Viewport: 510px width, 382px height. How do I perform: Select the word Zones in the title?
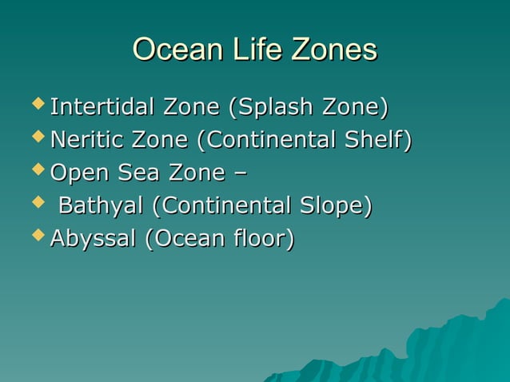point(334,50)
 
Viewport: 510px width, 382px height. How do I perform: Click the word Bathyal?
point(102,206)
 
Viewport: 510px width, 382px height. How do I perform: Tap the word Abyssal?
point(92,238)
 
